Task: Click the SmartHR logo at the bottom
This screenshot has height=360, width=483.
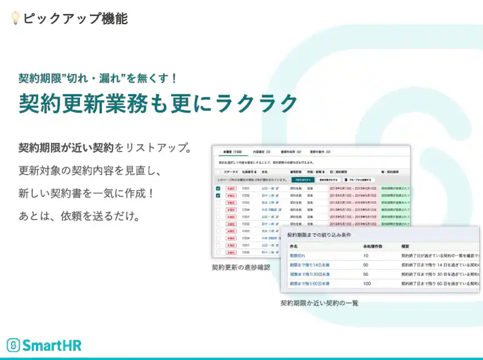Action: tap(44, 345)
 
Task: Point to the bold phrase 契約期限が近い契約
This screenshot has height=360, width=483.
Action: tap(66, 148)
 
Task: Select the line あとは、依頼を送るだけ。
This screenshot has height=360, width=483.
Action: tap(79, 216)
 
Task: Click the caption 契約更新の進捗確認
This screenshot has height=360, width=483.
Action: tap(241, 268)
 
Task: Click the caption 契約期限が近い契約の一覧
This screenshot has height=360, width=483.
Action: tap(319, 303)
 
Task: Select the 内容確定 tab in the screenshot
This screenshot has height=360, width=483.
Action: tap(262, 152)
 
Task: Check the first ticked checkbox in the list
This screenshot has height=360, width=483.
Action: tap(218, 188)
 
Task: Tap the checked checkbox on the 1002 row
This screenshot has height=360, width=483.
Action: tap(218, 195)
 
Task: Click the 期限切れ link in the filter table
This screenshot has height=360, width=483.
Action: tap(297, 256)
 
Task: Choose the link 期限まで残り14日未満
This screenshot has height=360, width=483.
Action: tap(309, 265)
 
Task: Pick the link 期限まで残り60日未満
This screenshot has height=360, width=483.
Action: tap(309, 283)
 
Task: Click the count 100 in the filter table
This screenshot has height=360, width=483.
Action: tap(367, 283)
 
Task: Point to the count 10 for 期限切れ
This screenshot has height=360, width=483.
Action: tap(365, 256)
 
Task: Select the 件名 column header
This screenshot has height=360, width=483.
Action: tap(294, 247)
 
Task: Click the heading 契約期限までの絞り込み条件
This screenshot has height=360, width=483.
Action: tap(319, 235)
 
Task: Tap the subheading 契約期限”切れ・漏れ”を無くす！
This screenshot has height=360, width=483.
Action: tap(98, 78)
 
